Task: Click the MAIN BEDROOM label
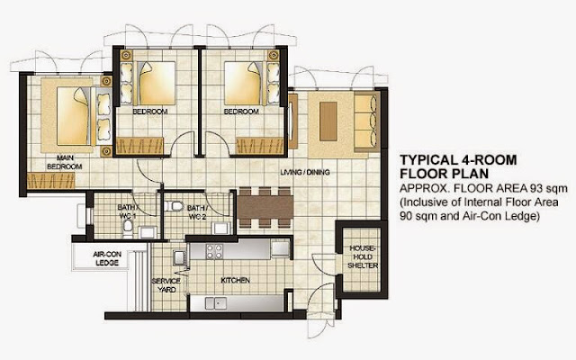[65, 162]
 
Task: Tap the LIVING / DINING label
[305, 172]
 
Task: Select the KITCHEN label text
[236, 280]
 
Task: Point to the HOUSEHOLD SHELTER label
[363, 256]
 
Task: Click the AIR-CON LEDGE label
[107, 258]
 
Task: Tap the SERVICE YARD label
[166, 285]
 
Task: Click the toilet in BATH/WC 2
[174, 206]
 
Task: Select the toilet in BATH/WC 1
[128, 228]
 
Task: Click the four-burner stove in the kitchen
[214, 252]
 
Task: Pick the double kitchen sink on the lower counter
[216, 303]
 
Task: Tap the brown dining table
[265, 208]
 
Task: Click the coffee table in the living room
[328, 121]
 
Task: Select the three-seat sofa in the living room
[367, 121]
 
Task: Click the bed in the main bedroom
[84, 116]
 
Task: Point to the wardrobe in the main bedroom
[51, 181]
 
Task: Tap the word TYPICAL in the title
[427, 160]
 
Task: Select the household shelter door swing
[323, 264]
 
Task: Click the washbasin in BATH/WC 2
[220, 228]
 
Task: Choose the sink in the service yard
[180, 257]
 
